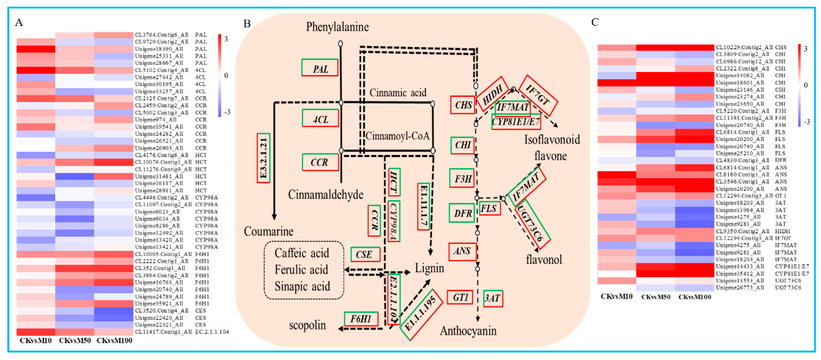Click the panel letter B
coord(247,24)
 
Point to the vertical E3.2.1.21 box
coord(264,158)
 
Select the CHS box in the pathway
coord(463,105)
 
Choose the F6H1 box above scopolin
coord(361,319)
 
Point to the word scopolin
coord(307,325)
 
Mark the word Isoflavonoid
coord(552,139)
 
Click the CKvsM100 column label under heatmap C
coord(695,297)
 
